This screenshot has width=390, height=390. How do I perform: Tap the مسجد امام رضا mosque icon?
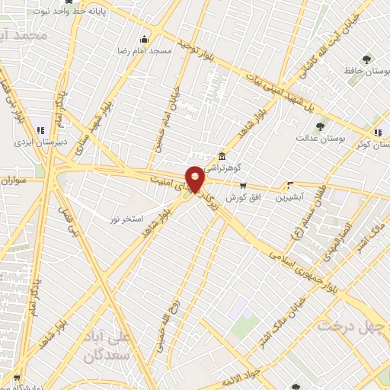point(144,39)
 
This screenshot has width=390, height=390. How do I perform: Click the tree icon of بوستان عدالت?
point(320,127)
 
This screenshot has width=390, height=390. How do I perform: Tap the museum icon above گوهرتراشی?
point(222,155)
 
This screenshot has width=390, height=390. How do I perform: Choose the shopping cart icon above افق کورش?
point(243,184)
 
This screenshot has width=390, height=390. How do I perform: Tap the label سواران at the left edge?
point(14,181)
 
